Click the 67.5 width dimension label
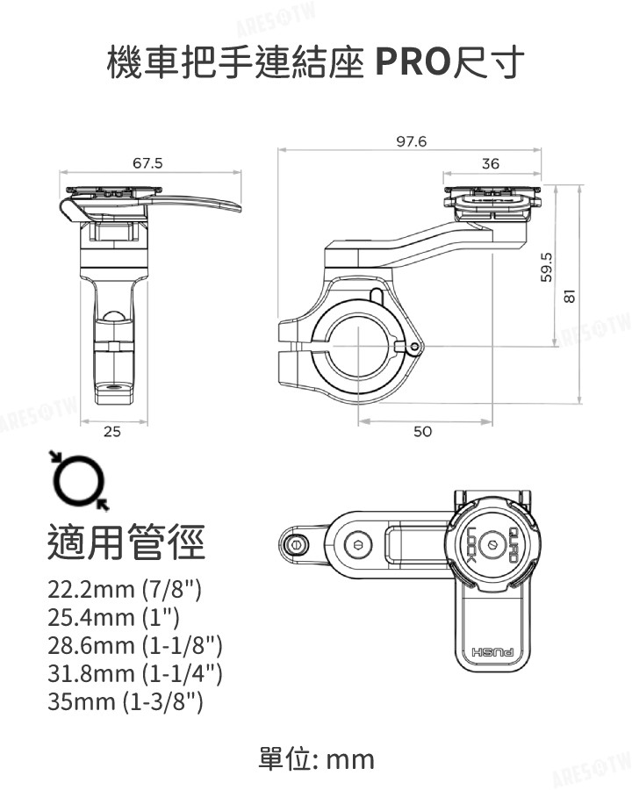point(147,163)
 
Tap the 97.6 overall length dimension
point(411,141)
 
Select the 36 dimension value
point(490,164)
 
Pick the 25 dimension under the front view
point(112,432)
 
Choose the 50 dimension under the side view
point(422,432)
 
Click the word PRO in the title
point(411,63)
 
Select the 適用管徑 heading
point(126,542)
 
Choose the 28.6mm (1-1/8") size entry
point(135,645)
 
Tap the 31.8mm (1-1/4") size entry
point(135,673)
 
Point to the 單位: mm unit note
point(317,758)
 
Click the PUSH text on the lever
point(495,652)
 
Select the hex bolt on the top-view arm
point(355,544)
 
